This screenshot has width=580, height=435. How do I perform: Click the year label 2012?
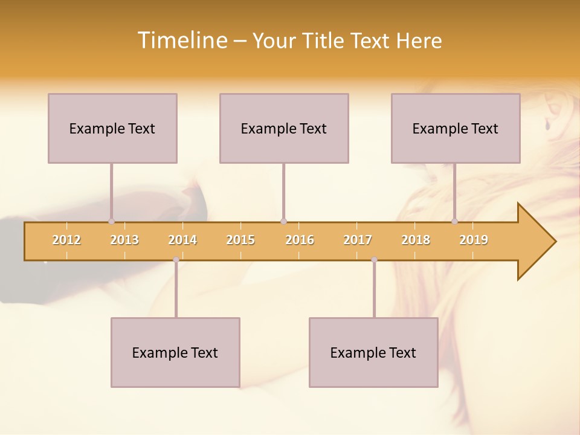tap(66, 240)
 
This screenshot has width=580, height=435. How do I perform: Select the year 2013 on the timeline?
tap(124, 240)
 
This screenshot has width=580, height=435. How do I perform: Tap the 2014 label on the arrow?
tap(182, 240)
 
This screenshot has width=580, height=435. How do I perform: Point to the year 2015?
tap(240, 240)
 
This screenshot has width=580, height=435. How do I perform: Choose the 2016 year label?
tap(300, 240)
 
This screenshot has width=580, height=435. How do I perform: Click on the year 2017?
tap(358, 240)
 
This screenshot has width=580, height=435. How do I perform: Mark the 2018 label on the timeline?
tap(416, 240)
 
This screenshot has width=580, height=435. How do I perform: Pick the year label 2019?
tap(474, 240)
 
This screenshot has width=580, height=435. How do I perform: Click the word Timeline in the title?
tap(182, 40)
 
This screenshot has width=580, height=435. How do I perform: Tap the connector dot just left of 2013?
tap(111, 221)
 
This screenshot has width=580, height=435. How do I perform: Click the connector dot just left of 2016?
tap(283, 221)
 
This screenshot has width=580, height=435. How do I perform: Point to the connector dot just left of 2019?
tap(455, 221)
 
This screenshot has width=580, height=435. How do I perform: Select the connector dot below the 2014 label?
tap(176, 260)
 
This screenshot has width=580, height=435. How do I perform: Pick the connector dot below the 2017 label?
tap(374, 260)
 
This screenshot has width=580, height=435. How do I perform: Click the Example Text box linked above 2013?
tap(112, 128)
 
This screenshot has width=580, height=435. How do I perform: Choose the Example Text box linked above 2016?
tap(284, 128)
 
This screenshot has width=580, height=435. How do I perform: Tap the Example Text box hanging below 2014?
tap(175, 352)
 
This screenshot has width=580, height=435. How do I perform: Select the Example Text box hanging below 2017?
tap(373, 352)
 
